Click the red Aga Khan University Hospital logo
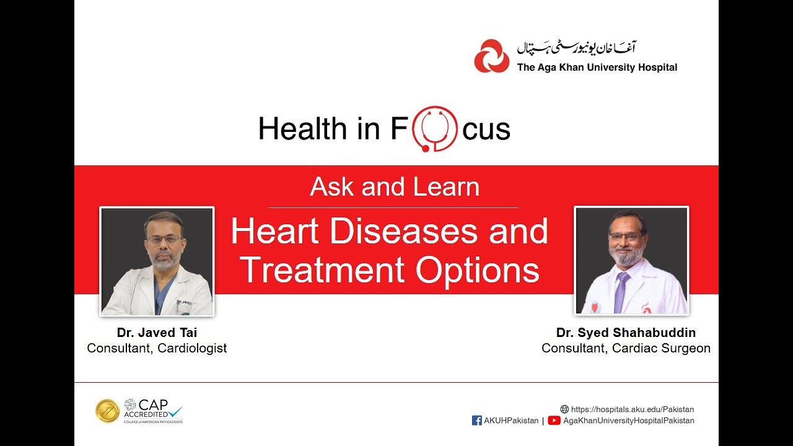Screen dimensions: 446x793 [x=492, y=56]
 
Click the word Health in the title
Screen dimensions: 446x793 [x=302, y=129]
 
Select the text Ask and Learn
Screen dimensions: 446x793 [x=395, y=186]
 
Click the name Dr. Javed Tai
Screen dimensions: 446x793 [x=157, y=333]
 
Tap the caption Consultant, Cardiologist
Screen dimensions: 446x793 [x=157, y=348]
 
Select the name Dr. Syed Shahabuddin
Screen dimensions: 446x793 [x=626, y=333]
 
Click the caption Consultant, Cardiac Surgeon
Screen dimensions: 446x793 [x=626, y=348]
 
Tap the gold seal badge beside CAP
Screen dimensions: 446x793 [x=107, y=411]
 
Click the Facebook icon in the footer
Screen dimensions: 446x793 [x=477, y=421]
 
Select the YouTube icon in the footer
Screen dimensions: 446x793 [x=554, y=421]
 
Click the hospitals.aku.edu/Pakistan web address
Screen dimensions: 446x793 [x=632, y=409]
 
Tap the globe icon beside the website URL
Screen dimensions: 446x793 [x=564, y=409]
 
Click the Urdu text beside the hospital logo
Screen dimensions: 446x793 [x=577, y=48]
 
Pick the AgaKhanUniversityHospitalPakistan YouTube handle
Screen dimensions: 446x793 [x=628, y=421]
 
